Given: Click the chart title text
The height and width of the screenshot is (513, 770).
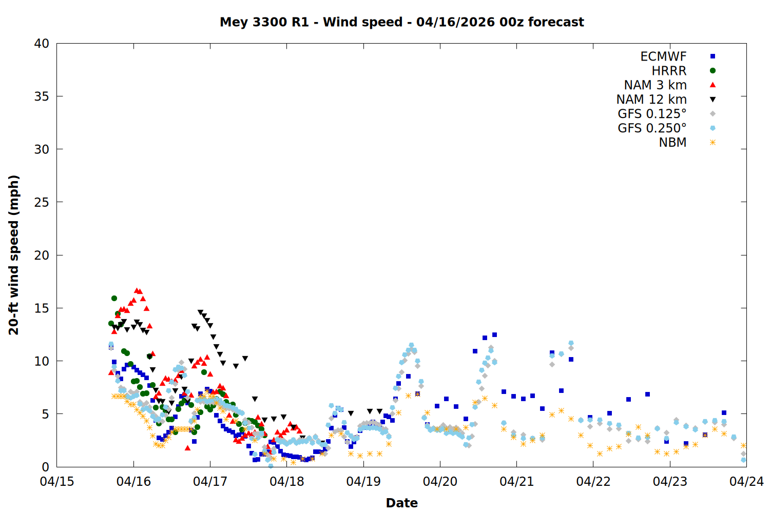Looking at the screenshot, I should [x=401, y=22].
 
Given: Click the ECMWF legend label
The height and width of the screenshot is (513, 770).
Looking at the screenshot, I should [x=663, y=56].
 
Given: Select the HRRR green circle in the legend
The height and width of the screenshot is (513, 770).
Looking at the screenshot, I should [x=713, y=71].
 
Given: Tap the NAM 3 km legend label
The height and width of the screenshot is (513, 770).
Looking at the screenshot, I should [x=655, y=85].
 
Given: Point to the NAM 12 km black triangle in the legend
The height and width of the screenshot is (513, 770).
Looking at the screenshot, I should [x=713, y=100].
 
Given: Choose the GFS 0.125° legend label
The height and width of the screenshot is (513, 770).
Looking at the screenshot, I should [x=652, y=114].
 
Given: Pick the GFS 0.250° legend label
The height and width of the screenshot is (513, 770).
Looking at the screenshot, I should [x=652, y=128].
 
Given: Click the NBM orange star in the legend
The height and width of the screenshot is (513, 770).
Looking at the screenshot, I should [x=713, y=143].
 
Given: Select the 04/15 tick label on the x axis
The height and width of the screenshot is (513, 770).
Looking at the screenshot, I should [x=57, y=482].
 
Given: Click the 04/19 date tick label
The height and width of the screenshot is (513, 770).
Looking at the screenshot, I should [x=363, y=482].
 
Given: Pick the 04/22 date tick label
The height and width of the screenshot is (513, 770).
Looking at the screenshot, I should [x=593, y=482].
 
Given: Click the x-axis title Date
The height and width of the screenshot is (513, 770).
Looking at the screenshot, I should [x=401, y=503].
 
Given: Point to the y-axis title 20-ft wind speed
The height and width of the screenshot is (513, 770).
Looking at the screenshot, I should [x=14, y=255].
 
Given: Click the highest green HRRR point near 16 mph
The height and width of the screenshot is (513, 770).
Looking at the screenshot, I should [x=114, y=298].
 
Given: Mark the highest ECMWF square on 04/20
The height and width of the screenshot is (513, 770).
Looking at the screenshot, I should [x=494, y=334].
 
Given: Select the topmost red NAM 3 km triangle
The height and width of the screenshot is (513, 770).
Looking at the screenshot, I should [x=137, y=290].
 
